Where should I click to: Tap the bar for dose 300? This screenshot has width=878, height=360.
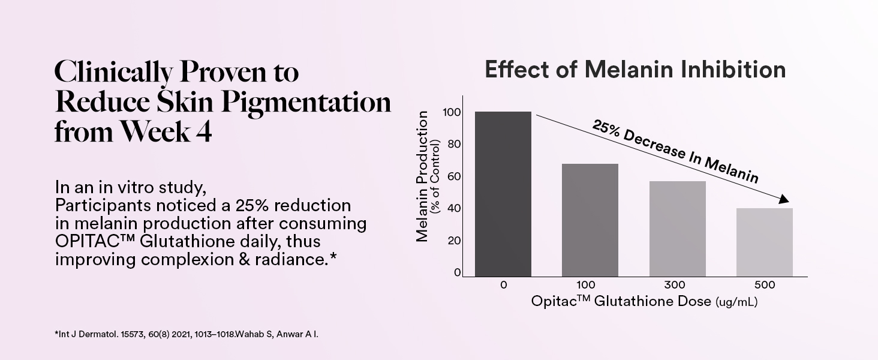677,229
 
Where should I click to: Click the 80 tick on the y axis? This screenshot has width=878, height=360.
454,144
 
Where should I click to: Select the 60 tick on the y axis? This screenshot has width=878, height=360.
454,176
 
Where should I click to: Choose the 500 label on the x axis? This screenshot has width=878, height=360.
764,285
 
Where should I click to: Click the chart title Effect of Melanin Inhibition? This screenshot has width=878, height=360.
635,70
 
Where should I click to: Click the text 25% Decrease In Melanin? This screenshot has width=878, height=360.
675,151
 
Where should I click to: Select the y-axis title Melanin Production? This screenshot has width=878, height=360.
422,176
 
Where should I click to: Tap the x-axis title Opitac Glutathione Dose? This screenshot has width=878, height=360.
621,302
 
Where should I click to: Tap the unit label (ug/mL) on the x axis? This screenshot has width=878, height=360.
736,302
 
